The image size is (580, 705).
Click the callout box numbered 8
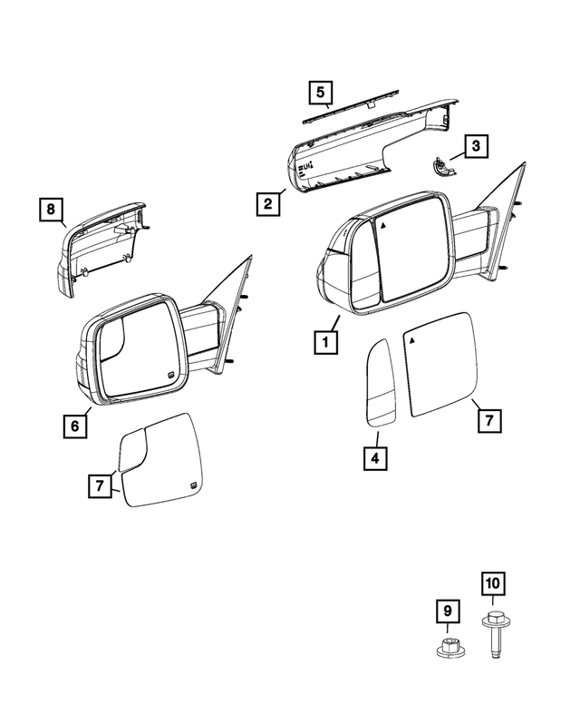[x=52, y=211]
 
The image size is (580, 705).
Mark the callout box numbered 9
[x=446, y=612]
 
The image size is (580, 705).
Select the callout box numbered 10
[x=491, y=583]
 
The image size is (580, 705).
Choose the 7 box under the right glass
[x=487, y=420]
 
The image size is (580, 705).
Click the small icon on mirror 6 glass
[x=170, y=375]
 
